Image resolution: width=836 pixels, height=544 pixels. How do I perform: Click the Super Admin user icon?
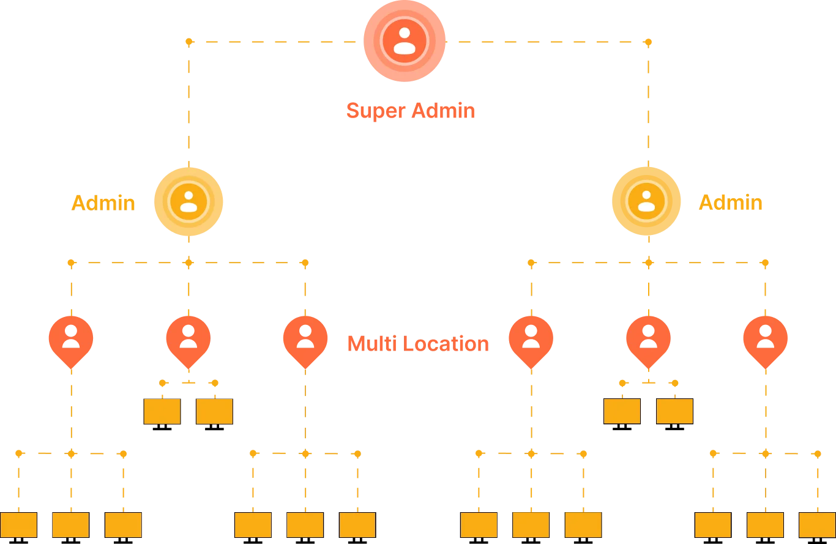click(404, 41)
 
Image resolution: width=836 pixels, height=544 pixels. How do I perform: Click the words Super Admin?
click(410, 111)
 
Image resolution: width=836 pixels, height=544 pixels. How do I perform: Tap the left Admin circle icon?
click(188, 201)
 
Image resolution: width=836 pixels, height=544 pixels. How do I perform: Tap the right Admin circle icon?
click(646, 201)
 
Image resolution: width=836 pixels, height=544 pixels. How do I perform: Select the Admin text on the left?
click(103, 202)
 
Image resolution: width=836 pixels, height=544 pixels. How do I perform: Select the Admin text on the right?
click(731, 202)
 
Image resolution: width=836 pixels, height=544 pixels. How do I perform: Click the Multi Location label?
click(418, 343)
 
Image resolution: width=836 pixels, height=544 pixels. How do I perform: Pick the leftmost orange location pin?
click(71, 338)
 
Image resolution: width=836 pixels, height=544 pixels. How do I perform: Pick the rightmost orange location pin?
click(765, 338)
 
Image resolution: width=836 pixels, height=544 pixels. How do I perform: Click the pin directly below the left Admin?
click(188, 338)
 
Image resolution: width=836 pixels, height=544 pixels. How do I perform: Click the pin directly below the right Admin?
click(648, 338)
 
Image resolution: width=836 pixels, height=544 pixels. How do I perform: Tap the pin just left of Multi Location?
click(305, 338)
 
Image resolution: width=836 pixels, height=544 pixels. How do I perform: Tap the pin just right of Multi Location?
click(531, 338)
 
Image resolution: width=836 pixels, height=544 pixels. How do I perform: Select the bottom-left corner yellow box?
click(18, 524)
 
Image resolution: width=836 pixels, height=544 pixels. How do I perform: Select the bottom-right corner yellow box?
click(816, 524)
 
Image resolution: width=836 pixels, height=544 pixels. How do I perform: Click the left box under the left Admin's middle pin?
click(162, 411)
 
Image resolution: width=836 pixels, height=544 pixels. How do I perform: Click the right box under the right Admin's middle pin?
click(674, 411)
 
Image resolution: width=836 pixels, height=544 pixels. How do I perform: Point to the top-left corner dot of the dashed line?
click(188, 42)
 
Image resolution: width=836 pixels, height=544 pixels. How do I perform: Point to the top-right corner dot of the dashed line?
click(648, 42)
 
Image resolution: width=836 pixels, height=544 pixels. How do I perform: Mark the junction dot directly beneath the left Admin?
click(188, 263)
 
